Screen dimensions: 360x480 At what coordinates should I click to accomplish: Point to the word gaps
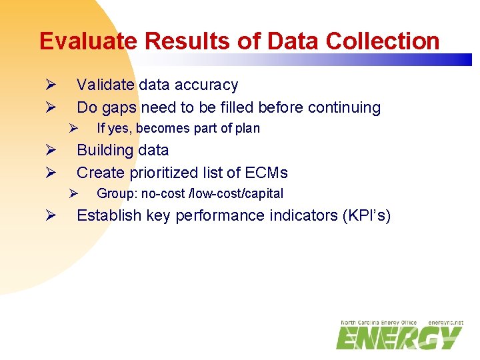(120, 107)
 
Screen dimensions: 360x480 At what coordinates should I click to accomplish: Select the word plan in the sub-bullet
(246, 128)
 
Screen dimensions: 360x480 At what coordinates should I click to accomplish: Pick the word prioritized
(162, 173)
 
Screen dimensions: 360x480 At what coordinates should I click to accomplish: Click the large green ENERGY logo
(397, 337)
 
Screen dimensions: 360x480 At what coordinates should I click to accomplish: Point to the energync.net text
(445, 323)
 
